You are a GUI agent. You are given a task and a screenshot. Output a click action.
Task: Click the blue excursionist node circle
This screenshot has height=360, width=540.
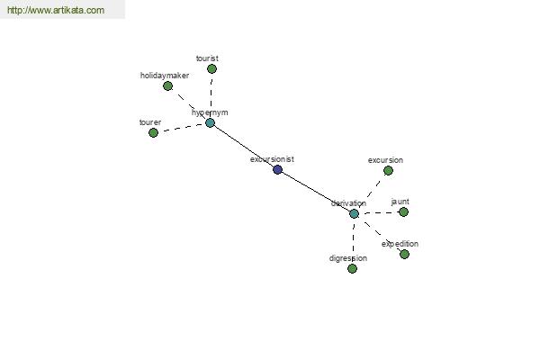tap(277, 169)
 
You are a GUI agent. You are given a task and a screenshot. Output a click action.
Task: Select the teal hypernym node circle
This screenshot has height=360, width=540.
tap(210, 122)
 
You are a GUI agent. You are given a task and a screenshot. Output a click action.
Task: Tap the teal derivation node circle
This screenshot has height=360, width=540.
tap(354, 213)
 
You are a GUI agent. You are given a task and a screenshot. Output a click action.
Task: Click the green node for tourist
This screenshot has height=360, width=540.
tap(211, 69)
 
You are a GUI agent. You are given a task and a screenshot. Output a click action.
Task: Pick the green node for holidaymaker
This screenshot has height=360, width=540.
tap(167, 85)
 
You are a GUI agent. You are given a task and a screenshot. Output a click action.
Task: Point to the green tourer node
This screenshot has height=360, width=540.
tap(153, 132)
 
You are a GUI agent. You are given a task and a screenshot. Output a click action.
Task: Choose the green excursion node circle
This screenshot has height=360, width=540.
tap(388, 170)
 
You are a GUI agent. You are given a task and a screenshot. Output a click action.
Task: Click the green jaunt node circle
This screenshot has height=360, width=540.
tap(403, 211)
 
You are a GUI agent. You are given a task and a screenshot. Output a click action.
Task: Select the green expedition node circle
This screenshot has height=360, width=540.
tap(405, 254)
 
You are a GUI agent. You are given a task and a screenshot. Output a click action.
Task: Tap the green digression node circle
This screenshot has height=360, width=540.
tap(352, 269)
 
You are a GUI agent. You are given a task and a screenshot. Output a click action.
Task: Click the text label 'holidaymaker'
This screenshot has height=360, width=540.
tap(165, 76)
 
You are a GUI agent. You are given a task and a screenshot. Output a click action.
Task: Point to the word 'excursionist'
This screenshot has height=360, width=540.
tap(272, 159)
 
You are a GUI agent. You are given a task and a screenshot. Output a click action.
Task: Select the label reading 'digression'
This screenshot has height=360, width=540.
tap(348, 258)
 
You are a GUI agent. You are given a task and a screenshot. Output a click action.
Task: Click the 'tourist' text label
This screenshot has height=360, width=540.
tap(207, 58)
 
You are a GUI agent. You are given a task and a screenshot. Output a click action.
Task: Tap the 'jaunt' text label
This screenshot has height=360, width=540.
tap(400, 202)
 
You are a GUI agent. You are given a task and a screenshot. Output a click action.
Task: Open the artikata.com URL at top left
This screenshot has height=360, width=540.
tap(56, 10)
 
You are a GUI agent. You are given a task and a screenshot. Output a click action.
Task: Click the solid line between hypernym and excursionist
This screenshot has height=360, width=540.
tap(244, 146)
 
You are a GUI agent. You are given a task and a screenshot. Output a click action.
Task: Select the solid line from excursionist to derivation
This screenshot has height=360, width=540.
tap(316, 192)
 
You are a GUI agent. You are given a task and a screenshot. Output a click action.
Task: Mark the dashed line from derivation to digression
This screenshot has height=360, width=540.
tap(354, 241)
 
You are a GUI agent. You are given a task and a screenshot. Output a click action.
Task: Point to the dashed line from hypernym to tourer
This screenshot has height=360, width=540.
tap(182, 128)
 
